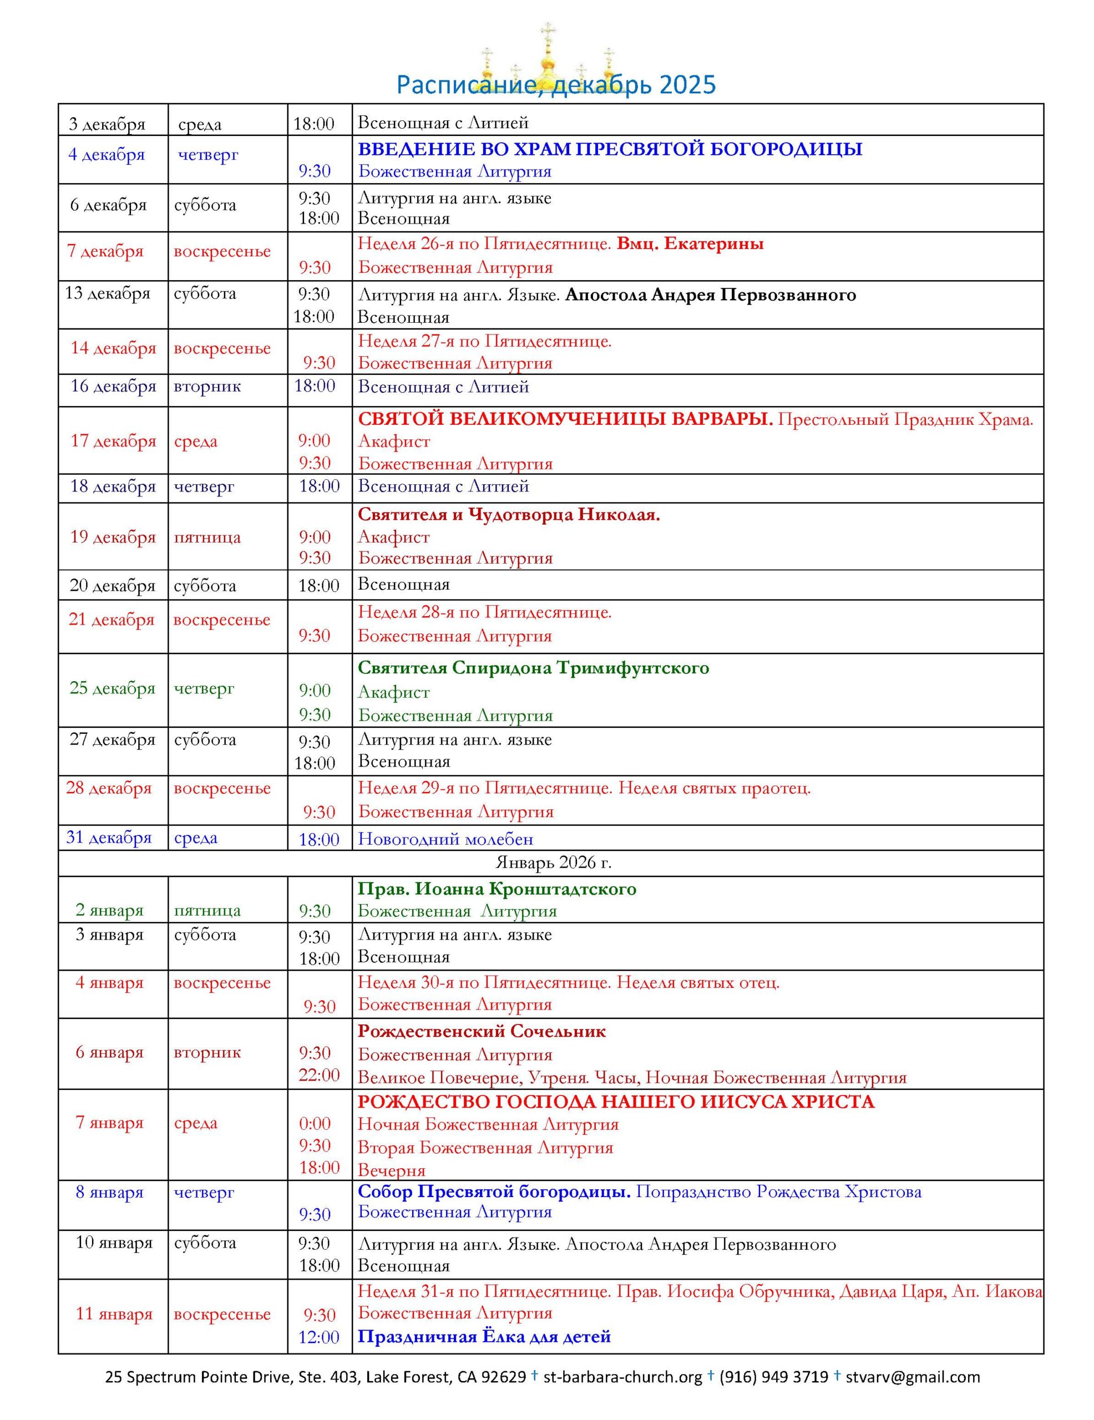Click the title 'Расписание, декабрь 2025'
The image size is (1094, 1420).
[555, 86]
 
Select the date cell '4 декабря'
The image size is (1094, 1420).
[106, 155]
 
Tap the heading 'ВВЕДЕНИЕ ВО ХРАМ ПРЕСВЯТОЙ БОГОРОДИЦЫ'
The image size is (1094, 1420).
[610, 150]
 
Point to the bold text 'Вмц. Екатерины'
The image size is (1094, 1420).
[690, 245]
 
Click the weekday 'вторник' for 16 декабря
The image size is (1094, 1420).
[207, 387]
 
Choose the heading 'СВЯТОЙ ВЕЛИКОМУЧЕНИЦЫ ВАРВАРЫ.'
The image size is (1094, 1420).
[565, 420]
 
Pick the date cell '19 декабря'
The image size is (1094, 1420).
[113, 537]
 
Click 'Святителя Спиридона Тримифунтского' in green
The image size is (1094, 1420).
[533, 668]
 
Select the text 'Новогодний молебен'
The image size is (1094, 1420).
[445, 839]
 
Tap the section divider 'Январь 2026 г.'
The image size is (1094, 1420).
[553, 863]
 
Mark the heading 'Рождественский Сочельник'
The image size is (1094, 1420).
[482, 1032]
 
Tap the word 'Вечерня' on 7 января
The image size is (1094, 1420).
[392, 1170]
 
